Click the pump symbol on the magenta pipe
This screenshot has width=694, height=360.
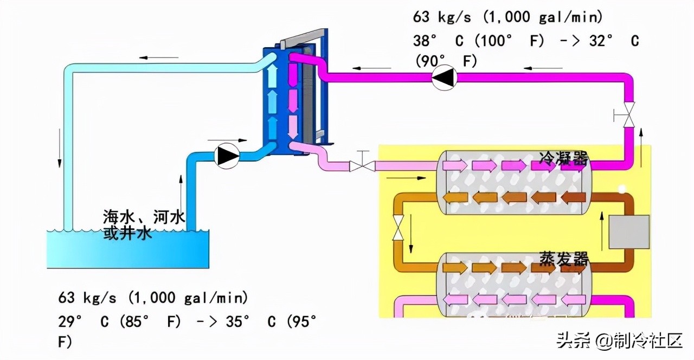[444, 78]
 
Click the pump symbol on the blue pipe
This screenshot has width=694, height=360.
[227, 156]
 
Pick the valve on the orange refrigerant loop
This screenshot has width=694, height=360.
[398, 228]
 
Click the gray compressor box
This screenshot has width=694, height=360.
[629, 232]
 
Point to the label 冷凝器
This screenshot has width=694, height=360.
[563, 159]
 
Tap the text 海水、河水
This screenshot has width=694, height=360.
[144, 217]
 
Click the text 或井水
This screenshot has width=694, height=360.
[127, 233]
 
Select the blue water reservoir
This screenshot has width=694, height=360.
[128, 249]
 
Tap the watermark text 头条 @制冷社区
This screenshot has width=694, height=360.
[620, 341]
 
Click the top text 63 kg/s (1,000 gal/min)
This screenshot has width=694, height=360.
[508, 17]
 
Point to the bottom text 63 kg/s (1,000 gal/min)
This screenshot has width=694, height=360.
[153, 298]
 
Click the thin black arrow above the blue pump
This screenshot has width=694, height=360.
[227, 140]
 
